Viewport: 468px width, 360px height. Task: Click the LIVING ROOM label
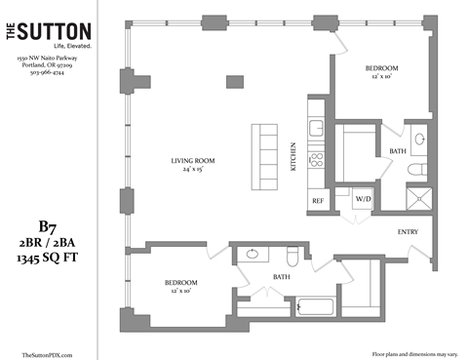[192, 161]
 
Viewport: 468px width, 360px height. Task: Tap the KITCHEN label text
[293, 157]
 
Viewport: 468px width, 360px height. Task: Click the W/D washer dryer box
[364, 198]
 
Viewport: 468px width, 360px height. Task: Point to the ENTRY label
[409, 231]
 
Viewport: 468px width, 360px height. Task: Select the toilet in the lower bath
[292, 258]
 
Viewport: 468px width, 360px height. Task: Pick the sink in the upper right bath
[419, 140]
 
